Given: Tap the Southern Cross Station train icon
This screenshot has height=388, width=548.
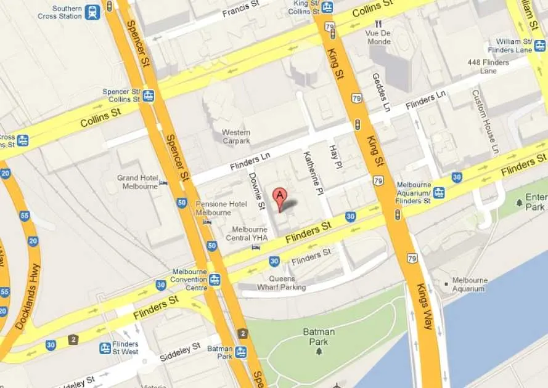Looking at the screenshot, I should (92, 12).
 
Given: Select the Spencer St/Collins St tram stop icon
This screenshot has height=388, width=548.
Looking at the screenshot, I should (148, 95).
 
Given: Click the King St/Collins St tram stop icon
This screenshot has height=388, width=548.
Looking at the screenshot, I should (327, 7).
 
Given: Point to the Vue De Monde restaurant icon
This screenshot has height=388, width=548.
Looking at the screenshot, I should (378, 23).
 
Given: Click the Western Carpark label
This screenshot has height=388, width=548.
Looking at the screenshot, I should (236, 137).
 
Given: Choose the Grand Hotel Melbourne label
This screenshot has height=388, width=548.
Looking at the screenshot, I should (137, 182).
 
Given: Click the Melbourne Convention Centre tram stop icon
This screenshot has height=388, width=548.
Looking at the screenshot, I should (215, 280).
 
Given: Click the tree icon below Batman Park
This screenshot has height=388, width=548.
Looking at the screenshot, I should (319, 351).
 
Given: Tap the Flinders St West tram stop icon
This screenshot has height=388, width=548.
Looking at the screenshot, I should (105, 348).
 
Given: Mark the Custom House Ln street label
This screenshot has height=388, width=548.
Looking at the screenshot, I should (485, 121).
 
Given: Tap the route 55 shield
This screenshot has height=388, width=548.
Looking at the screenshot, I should (25, 216).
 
